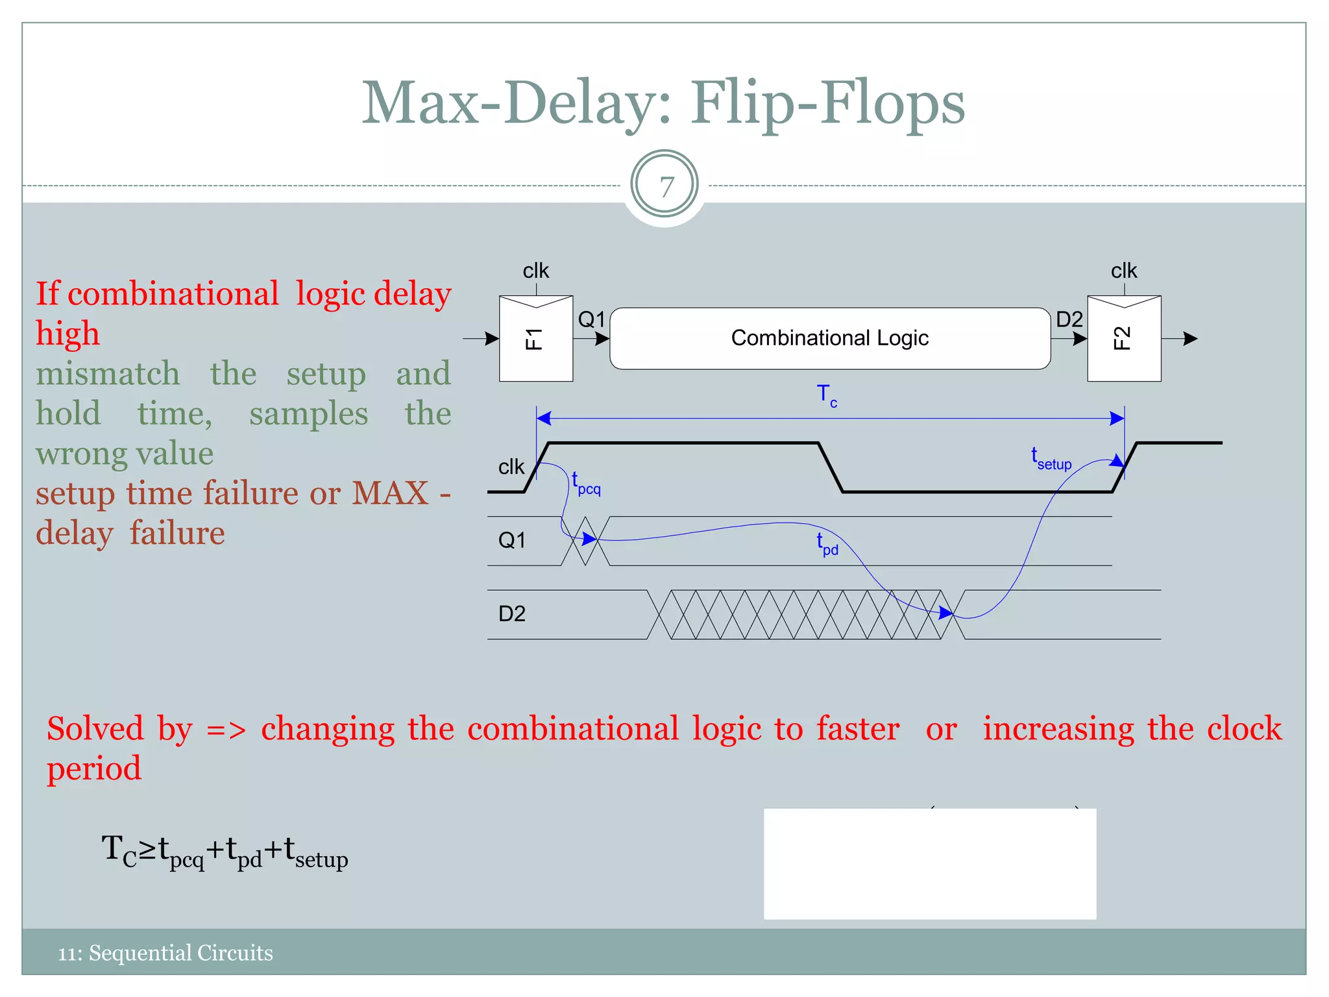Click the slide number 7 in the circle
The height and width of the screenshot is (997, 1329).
pos(664,187)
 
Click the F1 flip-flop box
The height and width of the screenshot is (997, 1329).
pos(535,338)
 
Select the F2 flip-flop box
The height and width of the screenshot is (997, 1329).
pos(1124,338)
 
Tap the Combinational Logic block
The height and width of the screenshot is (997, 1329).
pos(829,338)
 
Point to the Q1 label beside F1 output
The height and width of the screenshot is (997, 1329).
pos(591,319)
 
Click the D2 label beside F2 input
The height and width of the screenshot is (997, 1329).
pos(1069,319)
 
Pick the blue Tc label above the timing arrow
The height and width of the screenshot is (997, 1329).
pos(826,395)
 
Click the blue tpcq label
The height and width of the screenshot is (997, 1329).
pos(585,484)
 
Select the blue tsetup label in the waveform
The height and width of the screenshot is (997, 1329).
pos(1051,458)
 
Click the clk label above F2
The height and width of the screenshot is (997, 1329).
pos(1123,271)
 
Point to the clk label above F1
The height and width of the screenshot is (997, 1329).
pos(535,271)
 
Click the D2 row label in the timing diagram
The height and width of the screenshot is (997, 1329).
pos(511,613)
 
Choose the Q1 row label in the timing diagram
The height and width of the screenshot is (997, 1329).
pos(511,540)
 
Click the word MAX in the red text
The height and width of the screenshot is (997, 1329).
pos(389,493)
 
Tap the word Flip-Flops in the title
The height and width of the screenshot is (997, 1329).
pos(827,104)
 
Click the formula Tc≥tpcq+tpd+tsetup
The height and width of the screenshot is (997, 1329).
pos(225,852)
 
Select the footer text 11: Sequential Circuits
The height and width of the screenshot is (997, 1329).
pos(165,953)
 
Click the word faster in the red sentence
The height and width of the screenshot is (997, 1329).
pos(858,728)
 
